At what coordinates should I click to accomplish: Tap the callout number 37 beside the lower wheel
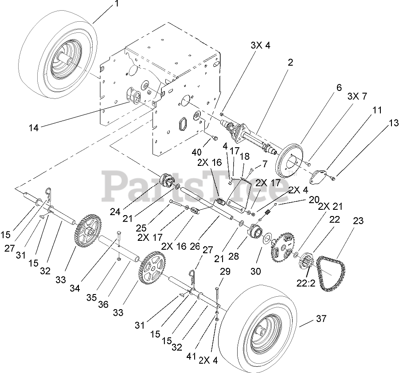coord(321,318)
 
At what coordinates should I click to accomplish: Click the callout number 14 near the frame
coord(34,128)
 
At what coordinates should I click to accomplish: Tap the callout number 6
coord(339,87)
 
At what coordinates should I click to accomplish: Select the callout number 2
coord(290,63)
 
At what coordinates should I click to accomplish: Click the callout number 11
coord(376,110)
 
